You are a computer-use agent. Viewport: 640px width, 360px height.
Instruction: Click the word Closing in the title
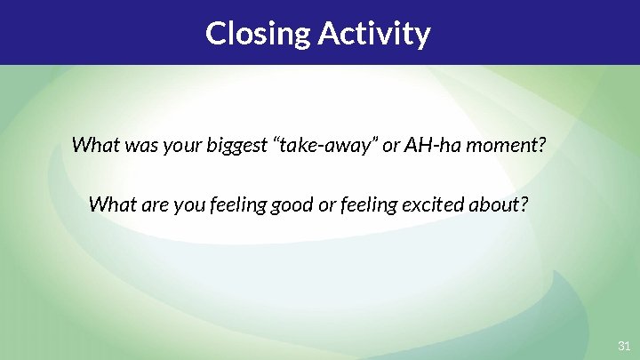tap(259, 34)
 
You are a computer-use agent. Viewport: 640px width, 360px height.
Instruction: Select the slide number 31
tap(623, 344)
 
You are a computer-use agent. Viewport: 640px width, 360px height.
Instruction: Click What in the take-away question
tap(92, 144)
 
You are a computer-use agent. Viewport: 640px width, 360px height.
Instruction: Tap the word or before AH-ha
tap(391, 144)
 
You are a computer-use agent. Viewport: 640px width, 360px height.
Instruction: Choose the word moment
tap(506, 144)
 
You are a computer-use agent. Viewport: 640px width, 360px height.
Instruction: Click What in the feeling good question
tap(109, 205)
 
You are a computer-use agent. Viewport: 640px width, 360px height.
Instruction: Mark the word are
tap(148, 205)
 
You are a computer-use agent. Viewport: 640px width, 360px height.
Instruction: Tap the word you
tap(182, 205)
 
